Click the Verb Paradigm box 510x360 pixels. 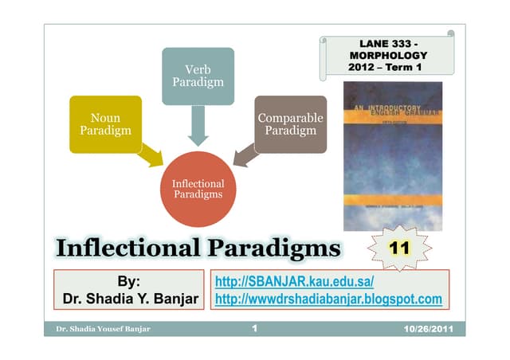[198, 76]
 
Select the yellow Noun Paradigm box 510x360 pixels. [105, 124]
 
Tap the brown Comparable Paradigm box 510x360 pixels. [290, 124]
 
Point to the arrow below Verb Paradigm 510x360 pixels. [198, 126]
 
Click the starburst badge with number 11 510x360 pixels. [401, 248]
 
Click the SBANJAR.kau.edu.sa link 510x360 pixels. [295, 283]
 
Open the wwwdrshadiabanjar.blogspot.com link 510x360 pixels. [328, 299]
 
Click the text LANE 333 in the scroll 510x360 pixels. [388, 41]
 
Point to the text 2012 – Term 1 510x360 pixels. [385, 68]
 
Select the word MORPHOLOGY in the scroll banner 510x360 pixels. [388, 55]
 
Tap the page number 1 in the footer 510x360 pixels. [253, 328]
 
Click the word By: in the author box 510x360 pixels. [128, 282]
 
